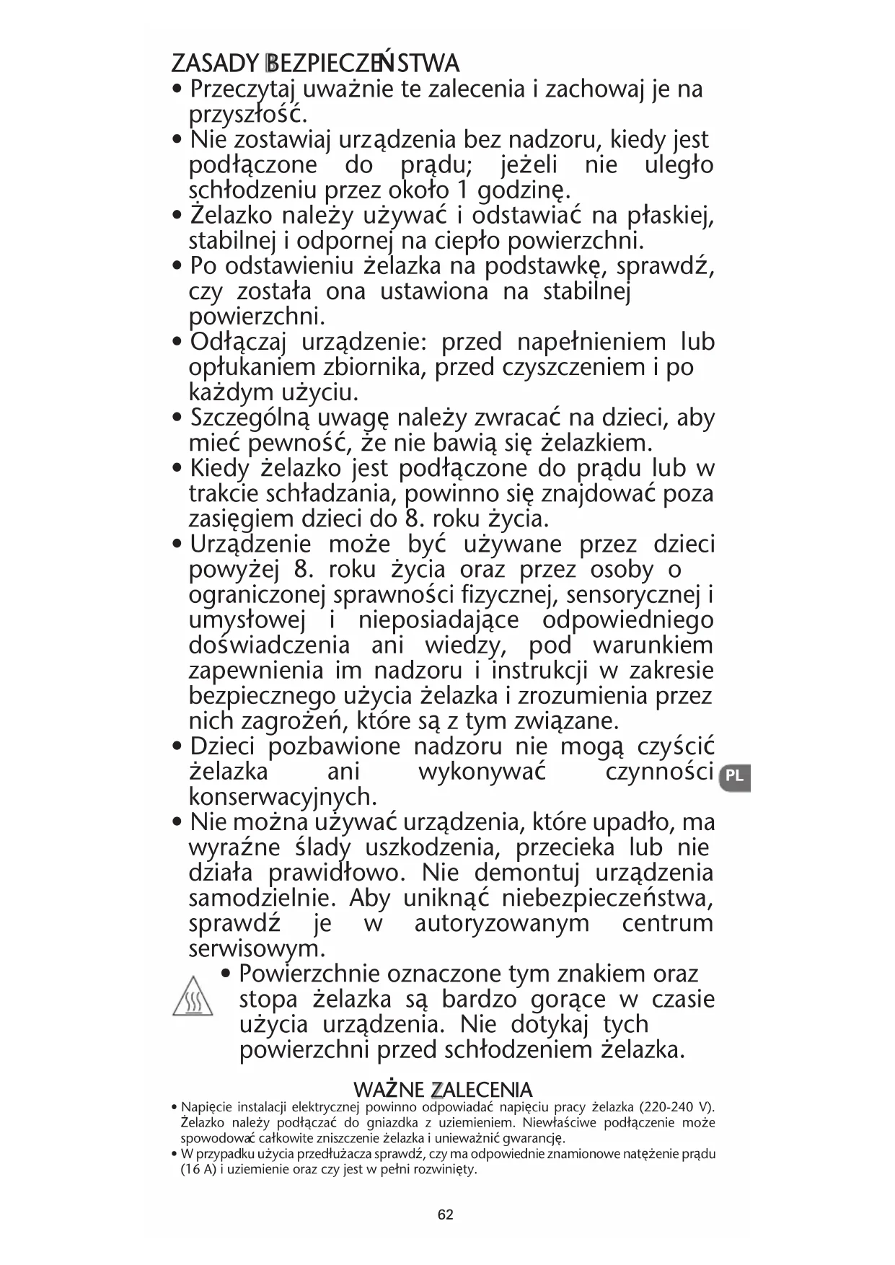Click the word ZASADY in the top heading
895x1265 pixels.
point(214,63)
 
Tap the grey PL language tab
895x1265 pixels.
point(734,777)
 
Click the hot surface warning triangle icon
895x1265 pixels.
point(193,997)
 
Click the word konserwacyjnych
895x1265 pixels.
point(283,797)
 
